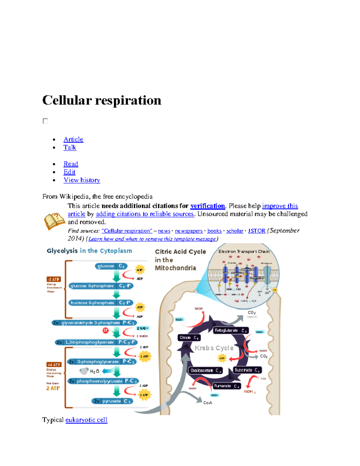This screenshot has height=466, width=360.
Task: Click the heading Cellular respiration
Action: tap(102, 100)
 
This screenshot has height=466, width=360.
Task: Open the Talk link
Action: tap(70, 147)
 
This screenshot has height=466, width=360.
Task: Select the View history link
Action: tap(82, 180)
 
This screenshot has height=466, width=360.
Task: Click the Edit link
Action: tap(69, 172)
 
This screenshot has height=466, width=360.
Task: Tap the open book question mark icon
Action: tap(54, 221)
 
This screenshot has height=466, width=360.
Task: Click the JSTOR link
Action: tap(256, 231)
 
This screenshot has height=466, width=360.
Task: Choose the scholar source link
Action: tap(235, 231)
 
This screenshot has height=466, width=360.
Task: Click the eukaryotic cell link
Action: tap(86, 420)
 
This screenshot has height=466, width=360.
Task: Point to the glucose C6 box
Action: tap(111, 266)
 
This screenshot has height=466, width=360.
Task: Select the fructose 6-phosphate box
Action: tap(100, 303)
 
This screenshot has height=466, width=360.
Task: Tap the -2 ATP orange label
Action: tap(54, 279)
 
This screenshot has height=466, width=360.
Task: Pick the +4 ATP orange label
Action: tap(54, 365)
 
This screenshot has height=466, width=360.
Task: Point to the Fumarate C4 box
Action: tap(226, 386)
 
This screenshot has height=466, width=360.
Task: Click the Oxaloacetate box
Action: tap(205, 371)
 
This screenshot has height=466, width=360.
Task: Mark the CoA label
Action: tap(208, 403)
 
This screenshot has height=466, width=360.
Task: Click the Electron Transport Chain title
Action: tap(244, 251)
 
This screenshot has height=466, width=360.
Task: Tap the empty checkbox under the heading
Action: tap(45, 121)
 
